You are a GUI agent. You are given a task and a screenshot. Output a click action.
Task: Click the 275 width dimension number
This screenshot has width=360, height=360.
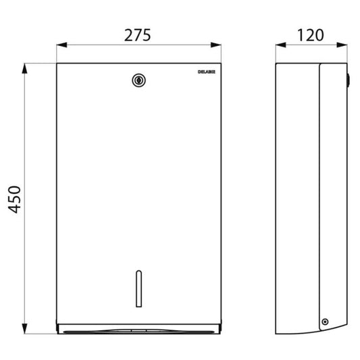tap(138, 35)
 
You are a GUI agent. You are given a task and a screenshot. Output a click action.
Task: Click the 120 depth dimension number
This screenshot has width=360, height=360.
tap(311, 35)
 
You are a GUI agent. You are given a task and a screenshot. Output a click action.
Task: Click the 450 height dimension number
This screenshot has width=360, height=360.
tap(14, 199)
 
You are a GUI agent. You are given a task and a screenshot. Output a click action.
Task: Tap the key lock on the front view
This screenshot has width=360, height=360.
tap(138, 80)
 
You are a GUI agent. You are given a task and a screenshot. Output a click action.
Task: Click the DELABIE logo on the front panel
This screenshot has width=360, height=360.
tap(207, 72)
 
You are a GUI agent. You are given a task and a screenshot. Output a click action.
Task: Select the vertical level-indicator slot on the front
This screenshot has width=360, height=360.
tap(138, 288)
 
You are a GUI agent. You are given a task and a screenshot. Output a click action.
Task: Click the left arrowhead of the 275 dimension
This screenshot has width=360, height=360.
tap(61, 45)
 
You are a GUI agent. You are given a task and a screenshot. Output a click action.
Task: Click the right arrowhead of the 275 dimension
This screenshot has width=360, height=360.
tap(216, 45)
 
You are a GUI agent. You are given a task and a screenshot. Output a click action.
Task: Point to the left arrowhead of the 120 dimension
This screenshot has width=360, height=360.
tap(280, 45)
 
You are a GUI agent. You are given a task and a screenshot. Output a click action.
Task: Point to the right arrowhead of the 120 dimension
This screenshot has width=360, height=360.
tap(342, 45)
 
